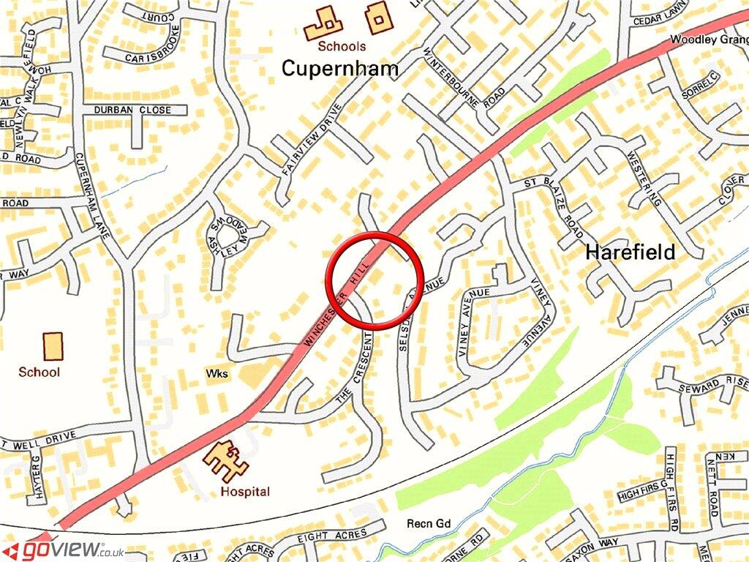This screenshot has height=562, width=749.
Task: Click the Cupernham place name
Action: pyautogui.click(x=340, y=69)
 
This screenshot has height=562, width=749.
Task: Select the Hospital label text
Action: pyautogui.click(x=245, y=492)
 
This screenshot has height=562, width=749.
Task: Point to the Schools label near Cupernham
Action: pyautogui.click(x=342, y=46)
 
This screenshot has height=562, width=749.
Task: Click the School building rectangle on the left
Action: pyautogui.click(x=53, y=346)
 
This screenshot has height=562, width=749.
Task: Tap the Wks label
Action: pyautogui.click(x=217, y=374)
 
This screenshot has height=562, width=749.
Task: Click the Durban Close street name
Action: pyautogui.click(x=132, y=110)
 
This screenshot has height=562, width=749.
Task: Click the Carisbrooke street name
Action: pyautogui.click(x=153, y=57)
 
